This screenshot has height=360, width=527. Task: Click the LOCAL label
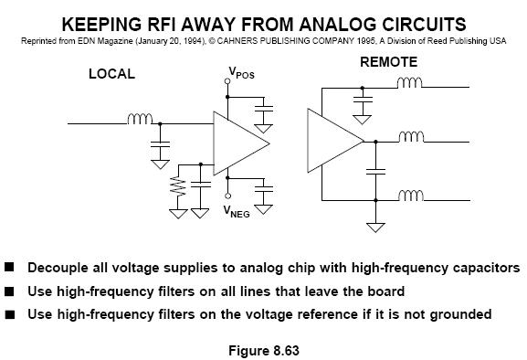click(112, 74)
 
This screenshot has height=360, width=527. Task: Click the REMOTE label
click(389, 62)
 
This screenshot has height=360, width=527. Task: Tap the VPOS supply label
click(242, 72)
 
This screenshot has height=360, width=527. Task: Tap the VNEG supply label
click(237, 211)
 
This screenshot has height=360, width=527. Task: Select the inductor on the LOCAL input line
click(140, 119)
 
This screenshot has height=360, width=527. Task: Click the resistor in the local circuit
click(178, 186)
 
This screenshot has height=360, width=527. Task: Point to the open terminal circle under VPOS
click(227, 81)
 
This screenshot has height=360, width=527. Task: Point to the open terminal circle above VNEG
click(227, 196)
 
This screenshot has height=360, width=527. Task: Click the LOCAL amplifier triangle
click(240, 143)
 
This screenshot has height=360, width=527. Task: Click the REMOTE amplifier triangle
click(335, 141)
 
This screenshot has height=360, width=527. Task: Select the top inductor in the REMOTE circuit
click(409, 82)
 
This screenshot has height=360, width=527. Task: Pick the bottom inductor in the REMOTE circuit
click(411, 196)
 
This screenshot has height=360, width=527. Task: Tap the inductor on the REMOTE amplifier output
click(411, 137)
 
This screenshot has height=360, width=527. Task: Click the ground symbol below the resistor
click(178, 214)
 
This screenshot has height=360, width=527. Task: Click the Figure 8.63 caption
click(264, 351)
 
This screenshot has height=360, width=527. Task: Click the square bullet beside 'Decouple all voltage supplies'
click(9, 267)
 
